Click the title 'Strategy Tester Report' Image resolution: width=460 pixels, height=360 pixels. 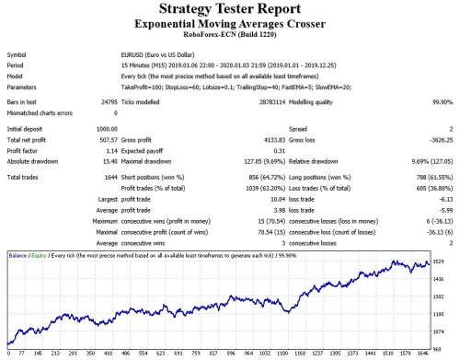coord(230,9)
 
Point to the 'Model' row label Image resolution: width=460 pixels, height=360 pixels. coord(18,76)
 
